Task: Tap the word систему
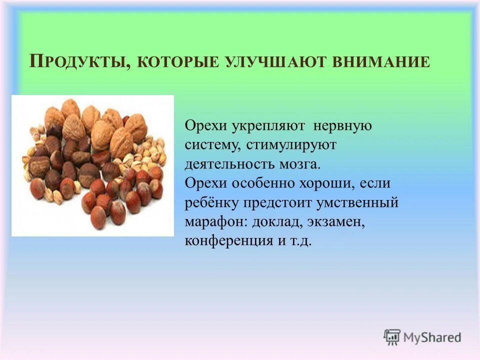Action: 210,145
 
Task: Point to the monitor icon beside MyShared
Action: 392,336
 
